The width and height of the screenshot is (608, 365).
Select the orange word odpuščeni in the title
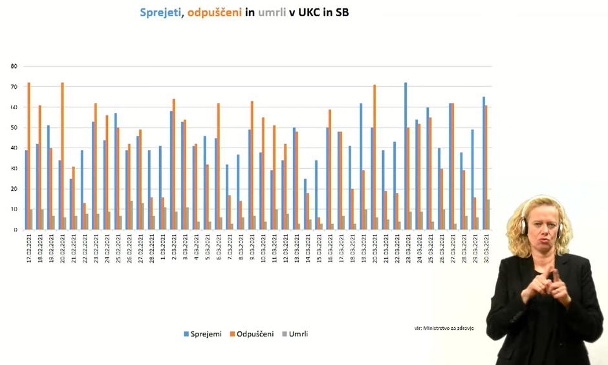pyautogui.click(x=215, y=12)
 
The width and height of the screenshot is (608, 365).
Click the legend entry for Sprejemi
pyautogui.click(x=203, y=334)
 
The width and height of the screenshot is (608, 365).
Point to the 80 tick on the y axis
pyautogui.click(x=14, y=66)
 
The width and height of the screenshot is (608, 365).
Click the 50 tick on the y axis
pyautogui.click(x=14, y=127)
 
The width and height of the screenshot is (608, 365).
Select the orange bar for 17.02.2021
pyautogui.click(x=29, y=156)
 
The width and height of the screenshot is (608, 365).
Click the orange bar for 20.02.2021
pyautogui.click(x=63, y=156)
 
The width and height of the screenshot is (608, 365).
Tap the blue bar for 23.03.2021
pyautogui.click(x=406, y=156)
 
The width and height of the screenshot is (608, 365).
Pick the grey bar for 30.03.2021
pyautogui.click(x=488, y=215)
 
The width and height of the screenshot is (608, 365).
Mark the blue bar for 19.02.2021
pyautogui.click(x=49, y=177)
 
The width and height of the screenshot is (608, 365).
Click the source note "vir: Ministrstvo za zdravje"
pyautogui.click(x=444, y=328)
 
